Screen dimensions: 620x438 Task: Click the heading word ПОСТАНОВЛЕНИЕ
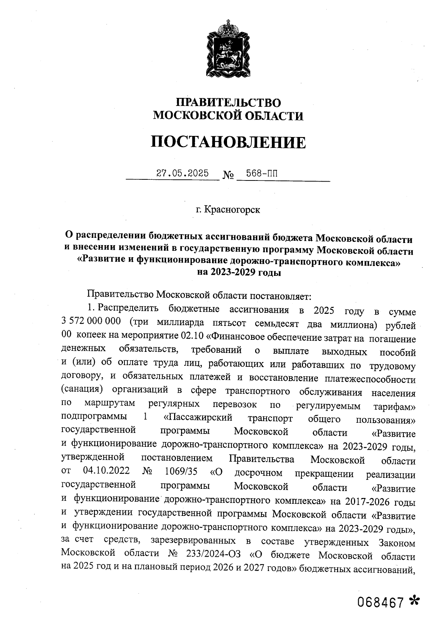point(228,142)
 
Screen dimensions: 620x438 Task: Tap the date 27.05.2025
point(182,173)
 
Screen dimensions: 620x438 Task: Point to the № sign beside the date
point(228,176)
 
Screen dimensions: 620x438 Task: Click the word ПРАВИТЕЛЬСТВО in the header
point(228,103)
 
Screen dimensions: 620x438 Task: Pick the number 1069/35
point(181,471)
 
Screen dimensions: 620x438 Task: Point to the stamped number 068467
point(380,602)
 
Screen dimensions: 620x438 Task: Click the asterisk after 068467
point(414,601)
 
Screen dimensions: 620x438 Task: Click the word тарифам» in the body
point(395,406)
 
